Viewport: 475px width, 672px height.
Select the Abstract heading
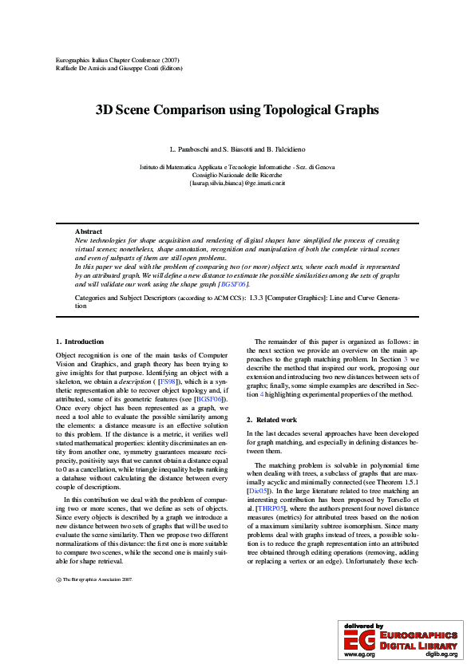pyautogui.click(x=88, y=231)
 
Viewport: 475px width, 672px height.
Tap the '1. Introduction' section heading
pyautogui.click(x=79, y=341)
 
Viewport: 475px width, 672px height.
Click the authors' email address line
pyautogui.click(x=237, y=183)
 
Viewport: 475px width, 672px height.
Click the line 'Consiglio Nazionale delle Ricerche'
pyautogui.click(x=237, y=175)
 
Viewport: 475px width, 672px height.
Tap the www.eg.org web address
pyautogui.click(x=359, y=654)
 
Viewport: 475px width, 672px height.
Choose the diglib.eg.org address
pyautogui.click(x=441, y=654)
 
